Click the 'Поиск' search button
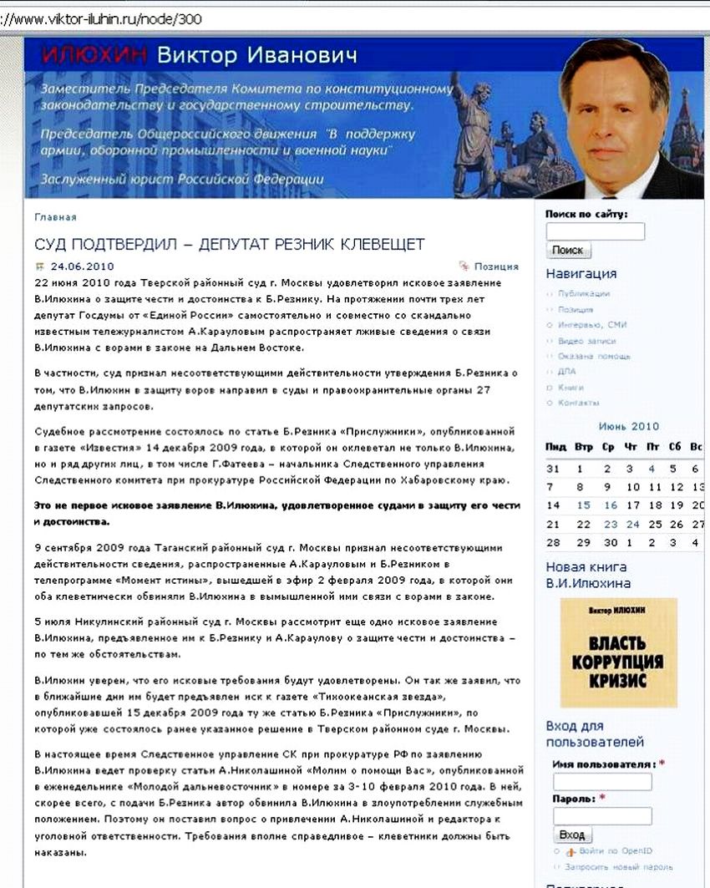pyautogui.click(x=568, y=251)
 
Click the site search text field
pyautogui.click(x=595, y=231)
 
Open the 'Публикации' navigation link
pyautogui.click(x=584, y=294)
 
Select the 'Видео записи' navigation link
pyautogui.click(x=586, y=341)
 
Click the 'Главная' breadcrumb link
pyautogui.click(x=55, y=217)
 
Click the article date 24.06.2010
pyautogui.click(x=82, y=267)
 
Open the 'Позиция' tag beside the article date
pyautogui.click(x=496, y=267)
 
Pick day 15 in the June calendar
pyautogui.click(x=583, y=505)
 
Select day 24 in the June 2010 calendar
pyautogui.click(x=633, y=525)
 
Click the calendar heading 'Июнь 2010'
pyautogui.click(x=629, y=426)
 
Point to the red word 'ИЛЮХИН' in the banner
pyautogui.click(x=94, y=56)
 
